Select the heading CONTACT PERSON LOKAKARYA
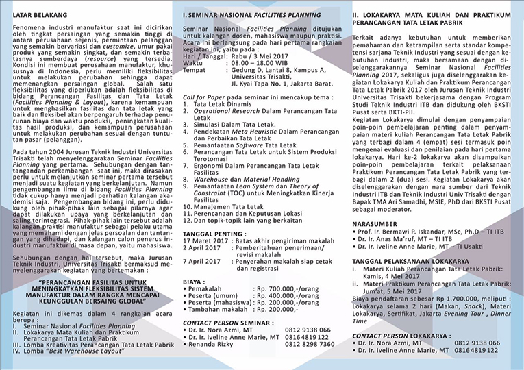(x=400, y=335)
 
